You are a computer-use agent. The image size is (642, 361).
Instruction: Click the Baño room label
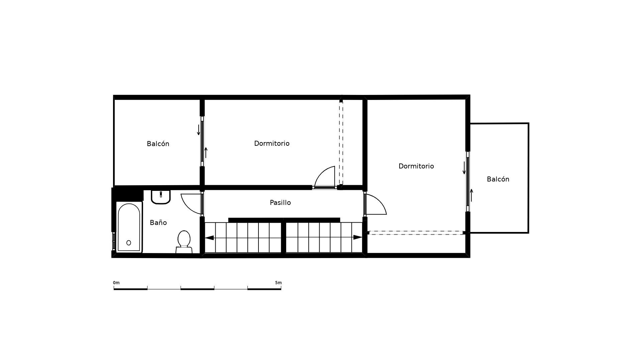[x=158, y=223]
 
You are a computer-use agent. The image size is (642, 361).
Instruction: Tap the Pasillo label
[x=280, y=203]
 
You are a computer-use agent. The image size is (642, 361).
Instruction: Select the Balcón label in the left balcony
[x=158, y=144]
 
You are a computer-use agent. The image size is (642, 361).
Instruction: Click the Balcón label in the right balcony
[x=498, y=179]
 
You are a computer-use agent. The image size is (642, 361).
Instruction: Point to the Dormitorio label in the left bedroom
[x=272, y=143]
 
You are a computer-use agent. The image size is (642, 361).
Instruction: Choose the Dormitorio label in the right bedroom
[x=416, y=166]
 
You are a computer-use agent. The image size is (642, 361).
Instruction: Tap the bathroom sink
[x=161, y=197]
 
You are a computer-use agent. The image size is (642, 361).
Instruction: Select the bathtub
[x=129, y=227]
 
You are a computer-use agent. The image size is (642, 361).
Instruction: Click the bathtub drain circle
[x=129, y=243]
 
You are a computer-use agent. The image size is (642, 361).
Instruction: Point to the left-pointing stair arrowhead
[x=209, y=238]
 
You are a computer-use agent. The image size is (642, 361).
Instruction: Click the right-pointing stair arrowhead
[x=357, y=237]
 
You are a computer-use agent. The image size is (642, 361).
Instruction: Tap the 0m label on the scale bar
[x=116, y=283]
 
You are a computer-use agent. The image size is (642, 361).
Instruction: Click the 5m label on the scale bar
[x=278, y=283]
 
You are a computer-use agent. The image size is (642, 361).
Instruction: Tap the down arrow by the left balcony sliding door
[x=199, y=130]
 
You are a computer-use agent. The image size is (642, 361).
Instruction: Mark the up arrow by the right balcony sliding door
[x=471, y=195]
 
